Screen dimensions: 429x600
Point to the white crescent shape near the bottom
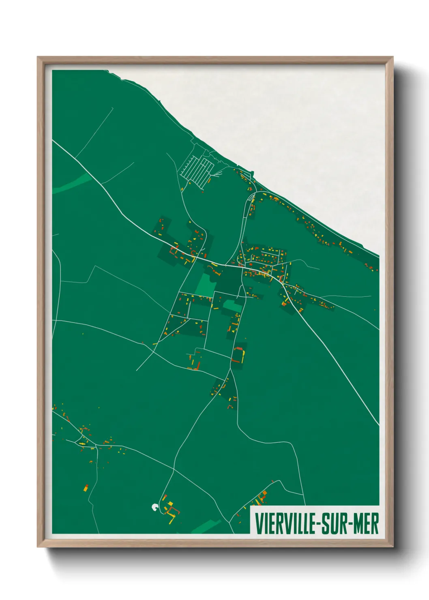click(154, 507)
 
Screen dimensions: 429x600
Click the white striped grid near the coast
click(197, 170)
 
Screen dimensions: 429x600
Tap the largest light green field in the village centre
click(205, 285)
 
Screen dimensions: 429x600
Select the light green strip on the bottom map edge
click(207, 527)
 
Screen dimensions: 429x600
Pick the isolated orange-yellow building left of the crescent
click(86, 487)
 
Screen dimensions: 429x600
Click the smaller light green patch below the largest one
click(232, 306)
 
